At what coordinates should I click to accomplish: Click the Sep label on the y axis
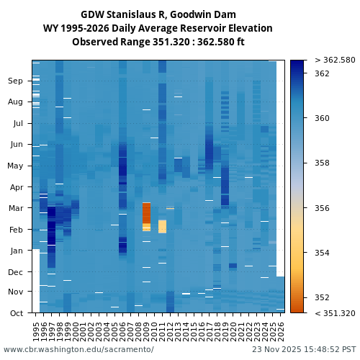click(x=15, y=81)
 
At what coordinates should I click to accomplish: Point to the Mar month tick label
click(x=15, y=209)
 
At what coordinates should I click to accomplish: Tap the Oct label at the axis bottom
click(x=15, y=313)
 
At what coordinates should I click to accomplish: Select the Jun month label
click(x=15, y=145)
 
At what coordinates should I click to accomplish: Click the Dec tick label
click(x=15, y=272)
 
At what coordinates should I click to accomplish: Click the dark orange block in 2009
click(x=147, y=213)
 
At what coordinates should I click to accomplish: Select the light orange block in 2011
click(x=163, y=227)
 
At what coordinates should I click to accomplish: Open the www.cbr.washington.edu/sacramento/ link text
click(x=78, y=349)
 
